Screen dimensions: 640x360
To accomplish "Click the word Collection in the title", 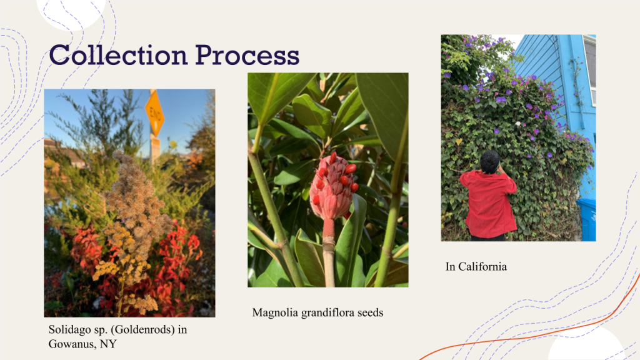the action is coord(118,55).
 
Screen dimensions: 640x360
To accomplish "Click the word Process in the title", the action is coord(247,55).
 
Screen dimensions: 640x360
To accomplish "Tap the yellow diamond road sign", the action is coord(155,113).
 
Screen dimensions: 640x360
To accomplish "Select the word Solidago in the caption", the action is coord(67,329).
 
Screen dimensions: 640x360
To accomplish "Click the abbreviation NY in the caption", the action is coord(108,344).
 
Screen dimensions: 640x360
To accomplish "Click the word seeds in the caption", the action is coord(371,313).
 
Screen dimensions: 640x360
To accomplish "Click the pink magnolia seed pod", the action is coord(331,187).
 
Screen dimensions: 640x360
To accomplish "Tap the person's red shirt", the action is coord(488,204).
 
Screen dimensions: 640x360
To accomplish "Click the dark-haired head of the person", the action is coord(489,162).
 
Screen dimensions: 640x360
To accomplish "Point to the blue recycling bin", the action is coord(586,219).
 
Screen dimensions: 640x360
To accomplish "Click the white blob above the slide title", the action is coord(71,12).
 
